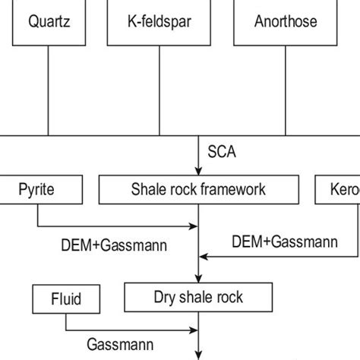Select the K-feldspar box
coord(160,22)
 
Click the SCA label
coord(222,152)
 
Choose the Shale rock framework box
coord(199,189)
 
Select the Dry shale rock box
coord(198,297)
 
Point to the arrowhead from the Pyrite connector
coord(193,226)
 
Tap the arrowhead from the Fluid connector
coord(193,330)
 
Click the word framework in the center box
coord(235,189)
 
